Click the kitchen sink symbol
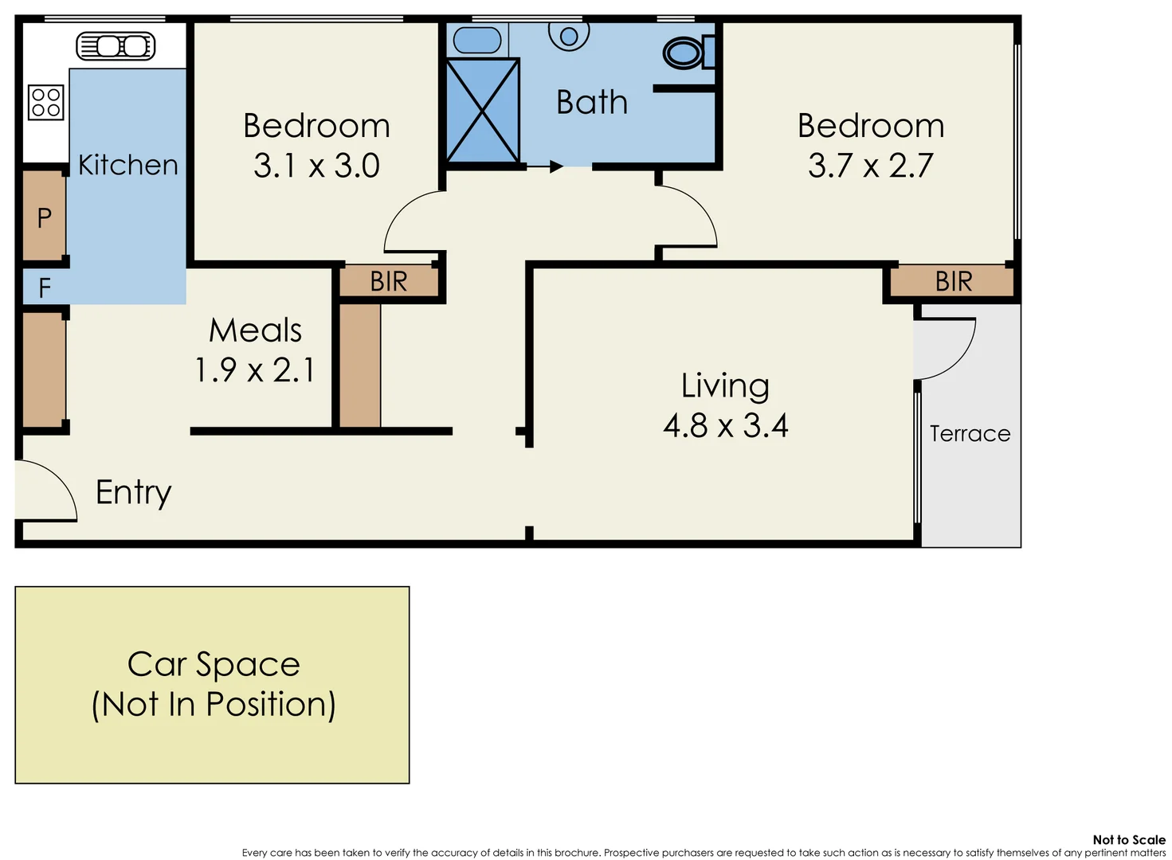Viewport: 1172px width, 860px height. [x=116, y=46]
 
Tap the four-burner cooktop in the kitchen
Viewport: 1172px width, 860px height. [x=45, y=103]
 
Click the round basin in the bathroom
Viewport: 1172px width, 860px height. [x=569, y=35]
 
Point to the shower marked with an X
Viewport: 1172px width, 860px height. [x=483, y=111]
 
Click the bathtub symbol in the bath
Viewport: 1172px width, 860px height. [x=476, y=40]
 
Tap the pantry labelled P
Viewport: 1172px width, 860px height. [x=44, y=217]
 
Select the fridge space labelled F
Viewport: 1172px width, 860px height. [x=45, y=287]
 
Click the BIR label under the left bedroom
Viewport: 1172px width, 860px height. [x=389, y=281]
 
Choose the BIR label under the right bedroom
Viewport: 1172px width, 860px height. [x=954, y=281]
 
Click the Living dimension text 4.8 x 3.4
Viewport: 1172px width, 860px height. [x=726, y=426]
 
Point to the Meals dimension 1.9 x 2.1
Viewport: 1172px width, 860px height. [x=255, y=370]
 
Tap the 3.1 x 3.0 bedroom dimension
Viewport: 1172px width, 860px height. [x=316, y=166]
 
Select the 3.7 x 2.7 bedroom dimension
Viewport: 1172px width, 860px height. [x=870, y=166]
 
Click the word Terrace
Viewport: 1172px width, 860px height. [x=970, y=433]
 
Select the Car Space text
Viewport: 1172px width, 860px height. [x=214, y=664]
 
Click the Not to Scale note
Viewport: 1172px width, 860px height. [x=1128, y=839]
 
